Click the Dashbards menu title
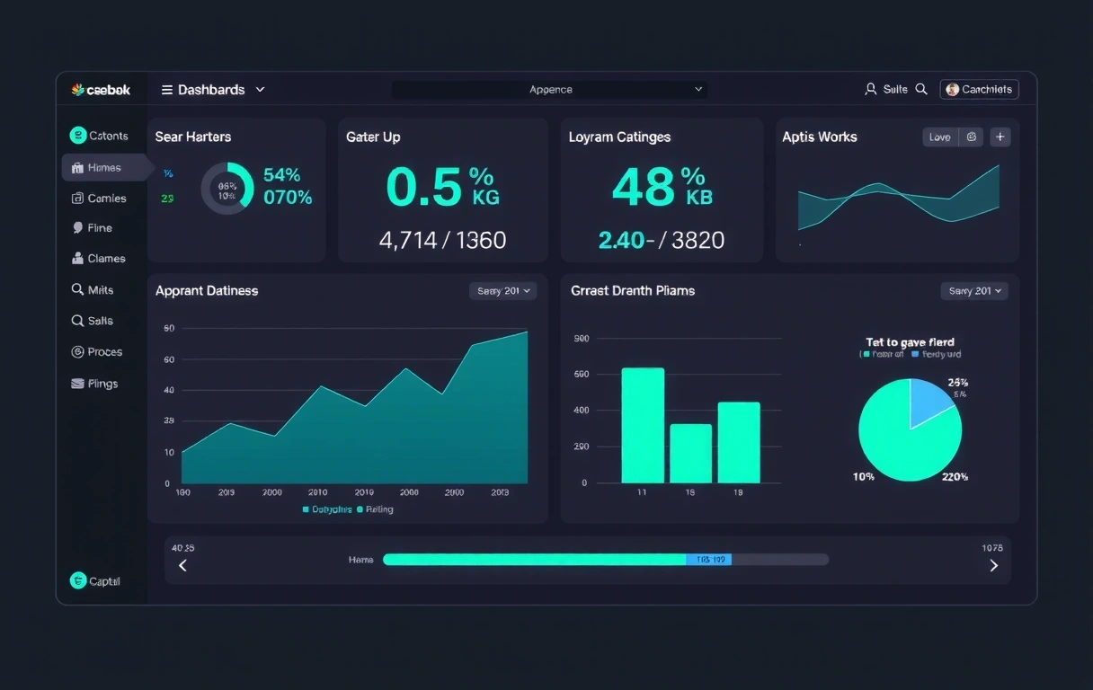pyautogui.click(x=210, y=90)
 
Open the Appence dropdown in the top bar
pyautogui.click(x=550, y=90)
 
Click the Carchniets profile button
pyautogui.click(x=979, y=89)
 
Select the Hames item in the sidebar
pyautogui.click(x=104, y=168)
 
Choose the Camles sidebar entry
pyautogui.click(x=106, y=199)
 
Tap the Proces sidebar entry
pyautogui.click(x=104, y=352)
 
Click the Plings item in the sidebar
pyautogui.click(x=102, y=384)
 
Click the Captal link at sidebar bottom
pyautogui.click(x=103, y=581)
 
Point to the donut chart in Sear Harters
pyautogui.click(x=227, y=189)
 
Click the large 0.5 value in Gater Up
pyautogui.click(x=423, y=187)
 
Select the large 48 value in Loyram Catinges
pyautogui.click(x=644, y=187)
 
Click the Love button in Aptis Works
pyautogui.click(x=939, y=137)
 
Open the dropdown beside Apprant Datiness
pyautogui.click(x=502, y=291)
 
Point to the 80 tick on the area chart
pyautogui.click(x=169, y=329)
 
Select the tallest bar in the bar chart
pyautogui.click(x=643, y=425)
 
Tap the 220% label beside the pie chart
pyautogui.click(x=955, y=477)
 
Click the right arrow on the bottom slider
pyautogui.click(x=993, y=565)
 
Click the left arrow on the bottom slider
pyautogui.click(x=183, y=565)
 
